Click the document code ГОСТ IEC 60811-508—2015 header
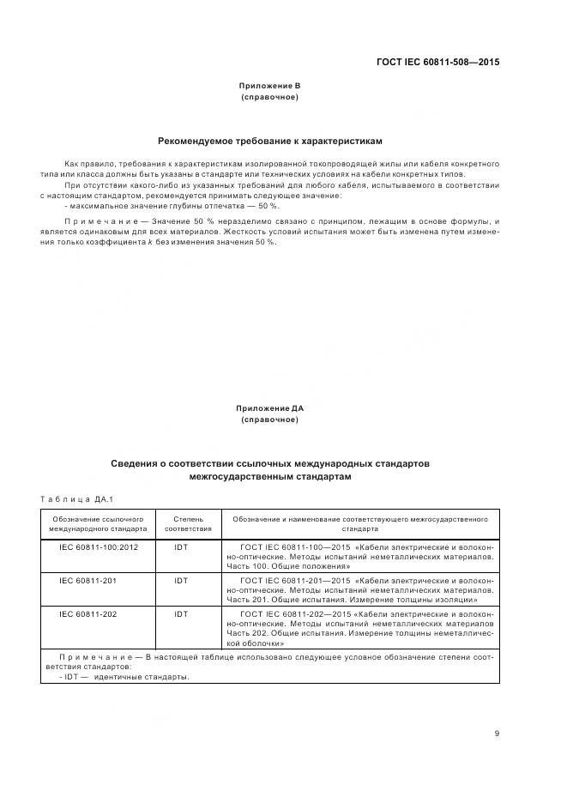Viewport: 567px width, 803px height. [x=438, y=62]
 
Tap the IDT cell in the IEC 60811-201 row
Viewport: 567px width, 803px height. [x=181, y=581]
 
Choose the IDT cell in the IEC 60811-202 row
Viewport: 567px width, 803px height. [x=181, y=614]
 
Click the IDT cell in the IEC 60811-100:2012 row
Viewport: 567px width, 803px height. [x=181, y=546]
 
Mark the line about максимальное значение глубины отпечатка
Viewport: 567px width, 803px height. [x=172, y=206]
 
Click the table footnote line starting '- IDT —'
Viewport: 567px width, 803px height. [x=124, y=676]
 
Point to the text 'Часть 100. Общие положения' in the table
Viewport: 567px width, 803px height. [x=288, y=566]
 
